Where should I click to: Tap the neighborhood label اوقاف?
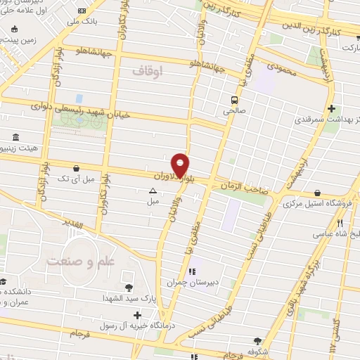[x=147, y=70]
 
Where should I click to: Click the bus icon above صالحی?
[x=233, y=99]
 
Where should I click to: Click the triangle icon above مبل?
[x=153, y=190]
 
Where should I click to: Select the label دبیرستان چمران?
[x=189, y=282]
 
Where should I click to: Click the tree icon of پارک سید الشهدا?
[x=129, y=287]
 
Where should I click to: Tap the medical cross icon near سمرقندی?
[x=331, y=108]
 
